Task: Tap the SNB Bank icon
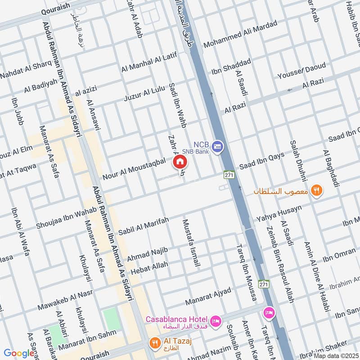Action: tap(218, 146)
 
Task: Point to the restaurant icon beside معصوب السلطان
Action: tap(317, 190)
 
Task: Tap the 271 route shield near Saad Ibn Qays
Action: tap(229, 175)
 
